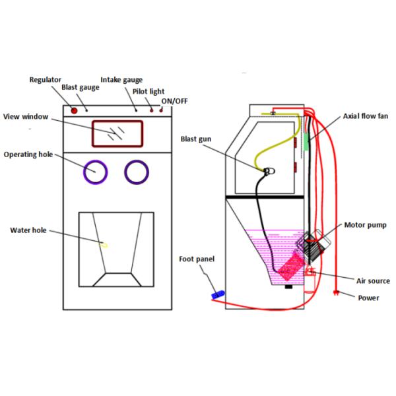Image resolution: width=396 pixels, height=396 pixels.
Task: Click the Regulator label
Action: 46,80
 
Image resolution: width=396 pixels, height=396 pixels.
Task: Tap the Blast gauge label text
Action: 80,87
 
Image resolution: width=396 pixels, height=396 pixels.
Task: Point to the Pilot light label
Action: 148,91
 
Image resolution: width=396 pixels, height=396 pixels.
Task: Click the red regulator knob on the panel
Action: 75,110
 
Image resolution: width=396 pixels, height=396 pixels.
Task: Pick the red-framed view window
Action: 117,133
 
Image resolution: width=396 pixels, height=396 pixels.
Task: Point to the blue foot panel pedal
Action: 218,292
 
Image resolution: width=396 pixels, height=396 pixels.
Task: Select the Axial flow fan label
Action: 365,116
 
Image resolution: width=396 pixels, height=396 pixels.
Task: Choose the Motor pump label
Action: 365,225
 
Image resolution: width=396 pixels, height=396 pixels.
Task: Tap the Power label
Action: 368,298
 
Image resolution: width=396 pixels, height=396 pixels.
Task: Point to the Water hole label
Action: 27,230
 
